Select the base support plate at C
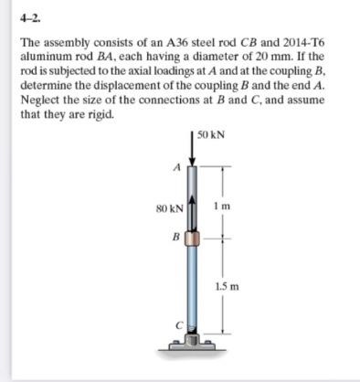coord(192,346)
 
